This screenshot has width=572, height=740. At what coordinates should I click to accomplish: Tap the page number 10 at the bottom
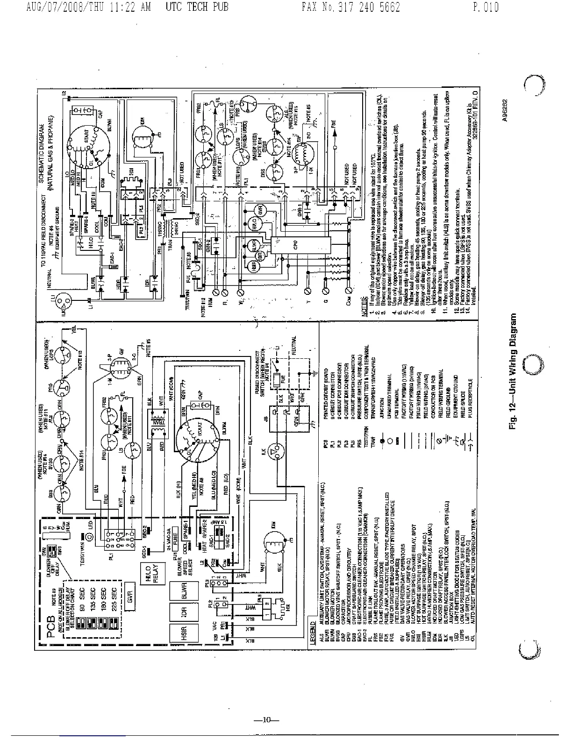[266, 720]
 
